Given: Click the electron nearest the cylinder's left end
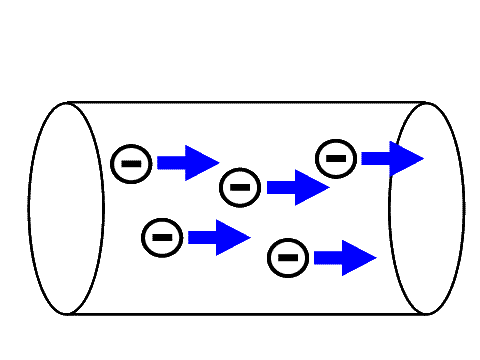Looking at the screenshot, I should point(131,163).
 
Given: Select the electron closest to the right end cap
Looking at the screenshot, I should point(336,158).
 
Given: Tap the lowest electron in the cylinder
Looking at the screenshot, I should point(288,258).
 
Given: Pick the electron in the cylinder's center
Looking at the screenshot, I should point(240,187).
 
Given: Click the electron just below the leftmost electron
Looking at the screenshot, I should point(162,237).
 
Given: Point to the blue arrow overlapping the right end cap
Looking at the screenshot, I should point(391,158).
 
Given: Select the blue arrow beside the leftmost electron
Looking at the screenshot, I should point(187,163).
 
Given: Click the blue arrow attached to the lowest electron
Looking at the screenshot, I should point(344,258).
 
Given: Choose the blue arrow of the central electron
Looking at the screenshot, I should point(297,187).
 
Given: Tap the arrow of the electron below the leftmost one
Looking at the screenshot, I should point(218,237).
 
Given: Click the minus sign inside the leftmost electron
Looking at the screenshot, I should point(131,163).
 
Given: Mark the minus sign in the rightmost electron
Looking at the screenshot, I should point(336,158).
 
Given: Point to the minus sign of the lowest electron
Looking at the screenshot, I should point(288,258).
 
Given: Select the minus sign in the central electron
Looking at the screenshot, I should point(240,187).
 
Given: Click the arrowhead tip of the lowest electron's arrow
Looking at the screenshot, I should point(375,258).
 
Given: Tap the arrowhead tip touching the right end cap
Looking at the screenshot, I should point(422,158).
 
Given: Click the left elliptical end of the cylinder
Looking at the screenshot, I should point(30,209).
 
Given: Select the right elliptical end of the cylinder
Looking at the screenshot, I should point(463,209).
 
